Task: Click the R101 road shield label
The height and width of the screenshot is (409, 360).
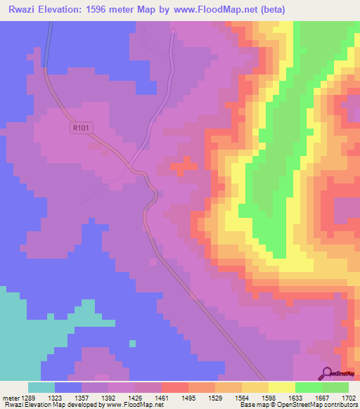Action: [x=82, y=129]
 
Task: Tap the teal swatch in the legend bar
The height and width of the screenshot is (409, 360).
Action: [x=41, y=387]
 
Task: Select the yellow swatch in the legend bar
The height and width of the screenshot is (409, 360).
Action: [x=282, y=387]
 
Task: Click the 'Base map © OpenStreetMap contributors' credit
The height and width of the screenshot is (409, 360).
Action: [x=297, y=405]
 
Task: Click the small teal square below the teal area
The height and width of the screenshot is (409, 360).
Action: [x=132, y=343]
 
